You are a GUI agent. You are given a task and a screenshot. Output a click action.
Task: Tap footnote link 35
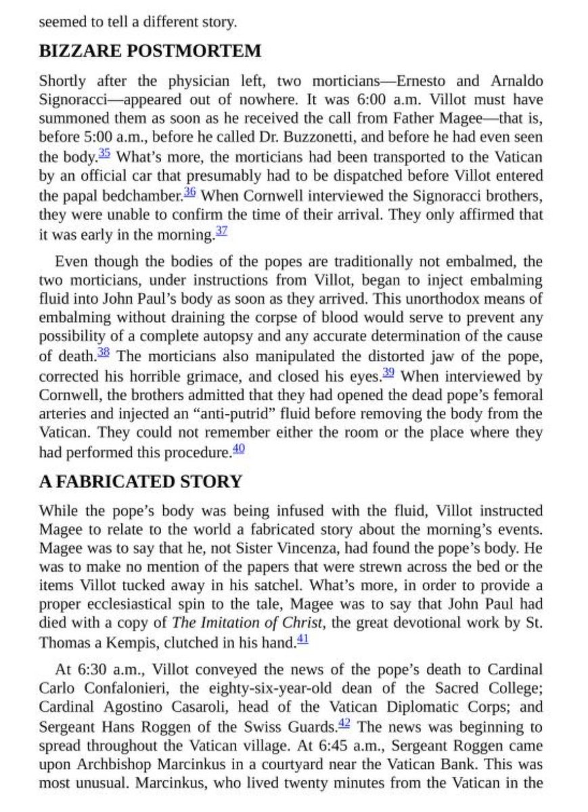point(104,154)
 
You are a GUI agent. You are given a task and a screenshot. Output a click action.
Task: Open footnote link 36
point(189,194)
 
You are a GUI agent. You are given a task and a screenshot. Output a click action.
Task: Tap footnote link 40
point(238,448)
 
